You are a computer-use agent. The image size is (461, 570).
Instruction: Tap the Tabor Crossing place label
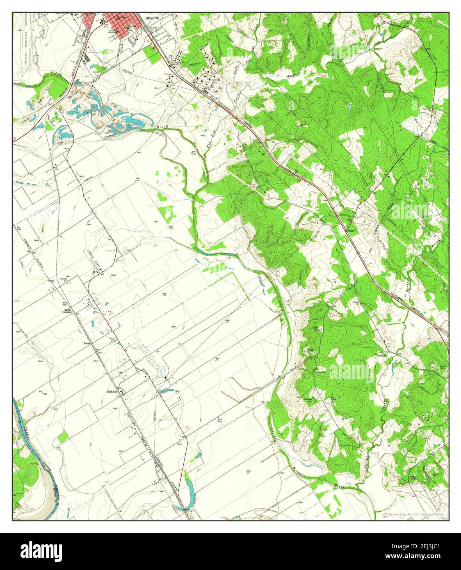tap(67, 311)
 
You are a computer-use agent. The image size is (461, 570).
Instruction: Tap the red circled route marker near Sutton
tap(347, 221)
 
